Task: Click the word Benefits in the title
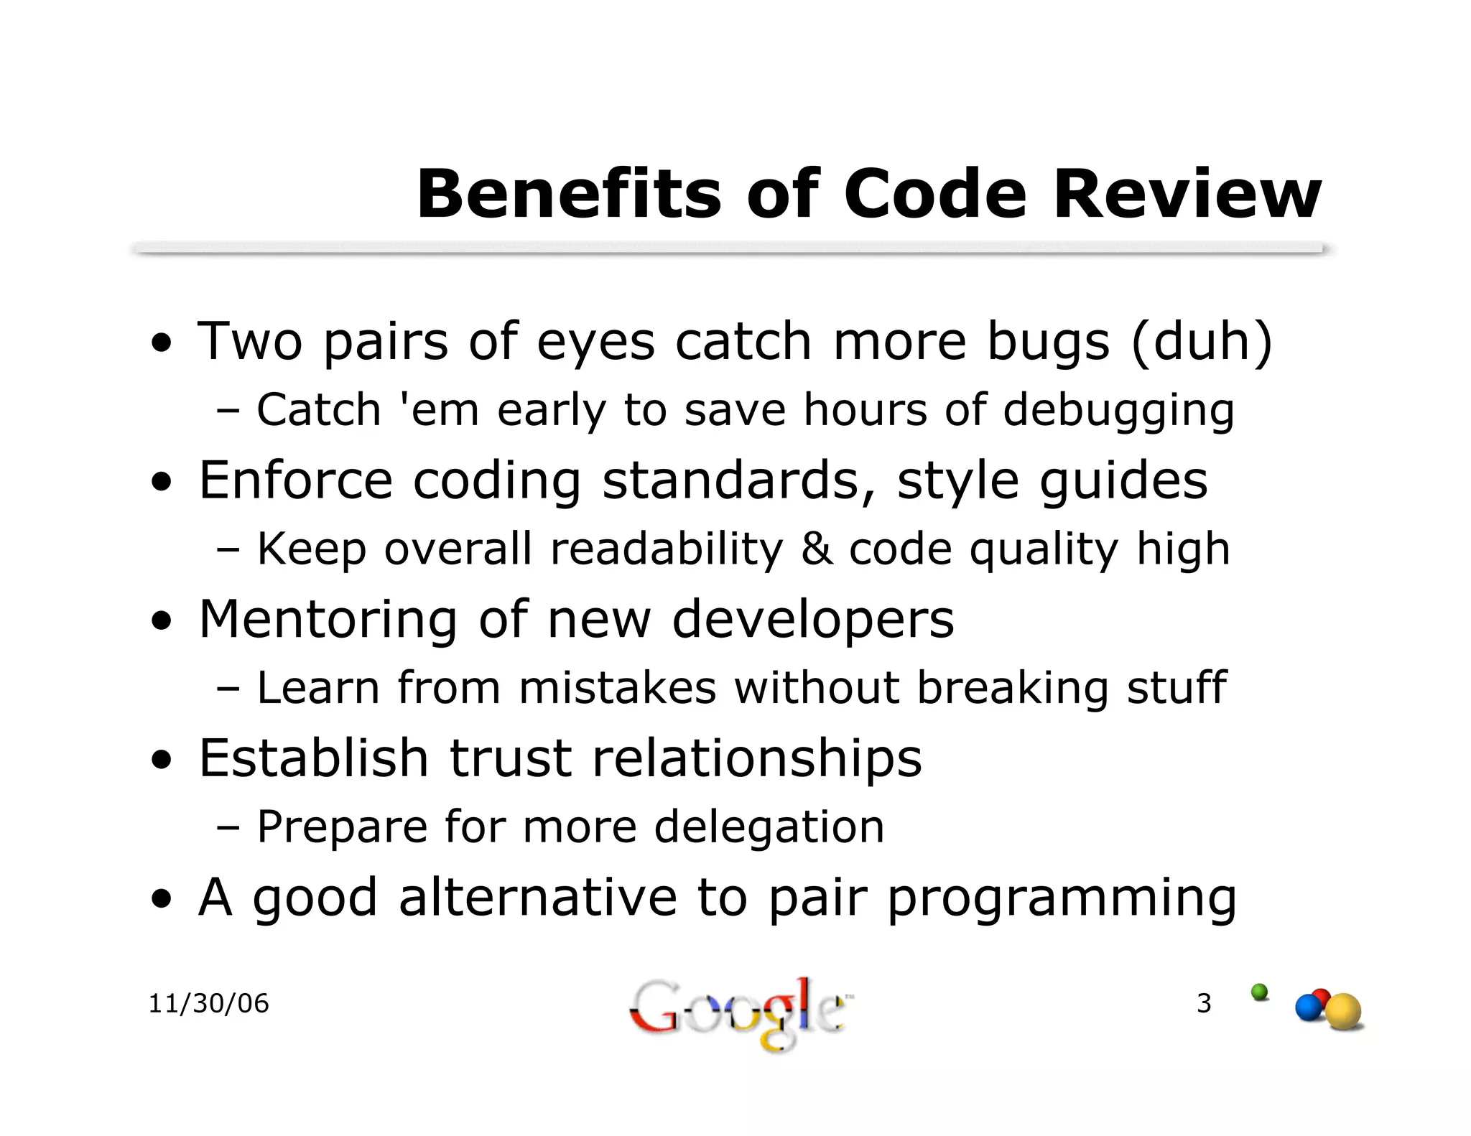tap(568, 195)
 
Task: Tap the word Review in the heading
tap(1187, 195)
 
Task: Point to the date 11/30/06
tap(208, 1003)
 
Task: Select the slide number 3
tap(1204, 1003)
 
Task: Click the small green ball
tap(1259, 992)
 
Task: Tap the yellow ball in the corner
tap(1342, 1012)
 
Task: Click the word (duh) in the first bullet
tap(1202, 340)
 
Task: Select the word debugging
tap(1118, 410)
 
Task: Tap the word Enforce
tap(295, 480)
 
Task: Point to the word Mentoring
tap(328, 619)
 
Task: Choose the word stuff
tap(1177, 687)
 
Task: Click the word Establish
tap(313, 758)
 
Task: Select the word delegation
tap(769, 827)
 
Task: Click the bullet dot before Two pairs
tap(164, 343)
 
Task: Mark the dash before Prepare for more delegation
tap(228, 827)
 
